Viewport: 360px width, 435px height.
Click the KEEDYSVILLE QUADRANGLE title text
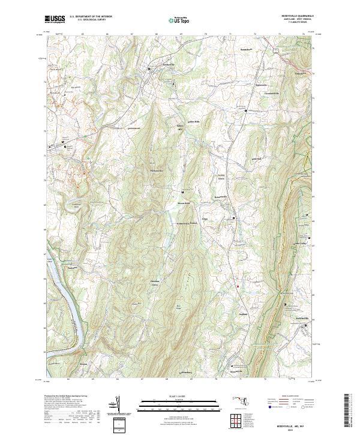coord(296,16)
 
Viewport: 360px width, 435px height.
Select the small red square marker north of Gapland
coord(238,286)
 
